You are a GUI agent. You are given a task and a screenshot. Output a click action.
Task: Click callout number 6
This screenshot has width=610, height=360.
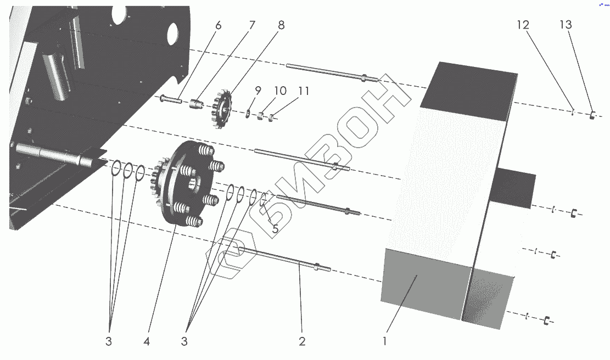pyautogui.click(x=218, y=26)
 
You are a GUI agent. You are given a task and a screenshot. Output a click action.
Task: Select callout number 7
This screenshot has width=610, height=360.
pyautogui.click(x=252, y=25)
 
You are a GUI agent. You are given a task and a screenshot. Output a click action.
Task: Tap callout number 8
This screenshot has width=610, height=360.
pyautogui.click(x=281, y=25)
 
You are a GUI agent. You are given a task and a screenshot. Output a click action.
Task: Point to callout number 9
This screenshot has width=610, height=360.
pyautogui.click(x=258, y=91)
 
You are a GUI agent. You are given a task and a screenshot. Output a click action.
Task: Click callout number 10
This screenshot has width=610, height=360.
pyautogui.click(x=280, y=91)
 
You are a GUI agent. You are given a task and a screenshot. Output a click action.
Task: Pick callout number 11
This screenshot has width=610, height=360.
pyautogui.click(x=304, y=91)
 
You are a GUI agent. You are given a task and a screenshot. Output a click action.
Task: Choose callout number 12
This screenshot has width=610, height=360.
pyautogui.click(x=523, y=25)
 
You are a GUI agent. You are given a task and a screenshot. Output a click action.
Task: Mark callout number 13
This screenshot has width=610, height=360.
pyautogui.click(x=566, y=25)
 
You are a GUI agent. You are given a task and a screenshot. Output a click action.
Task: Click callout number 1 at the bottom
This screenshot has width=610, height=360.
pyautogui.click(x=385, y=341)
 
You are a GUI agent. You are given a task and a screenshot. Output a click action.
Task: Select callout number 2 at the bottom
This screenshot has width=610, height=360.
pyautogui.click(x=303, y=341)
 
